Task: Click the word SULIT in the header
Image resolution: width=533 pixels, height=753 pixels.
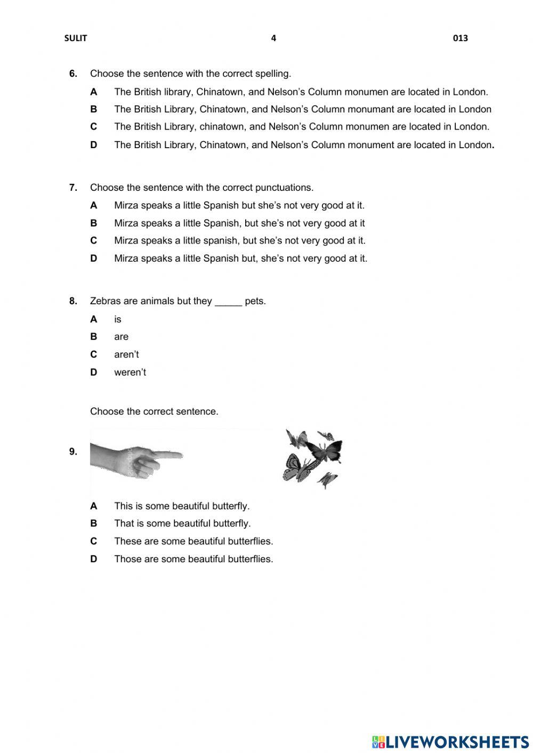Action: (75, 38)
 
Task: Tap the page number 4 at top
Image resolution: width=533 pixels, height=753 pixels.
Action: (273, 38)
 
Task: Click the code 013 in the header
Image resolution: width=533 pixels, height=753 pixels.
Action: (461, 38)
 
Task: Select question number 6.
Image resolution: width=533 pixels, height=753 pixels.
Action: (73, 74)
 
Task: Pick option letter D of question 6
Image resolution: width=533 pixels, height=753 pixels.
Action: (94, 145)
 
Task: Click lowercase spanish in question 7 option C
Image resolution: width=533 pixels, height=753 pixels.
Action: (221, 241)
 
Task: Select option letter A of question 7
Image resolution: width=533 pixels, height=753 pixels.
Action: (94, 206)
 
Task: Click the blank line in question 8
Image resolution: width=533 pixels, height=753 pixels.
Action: (228, 302)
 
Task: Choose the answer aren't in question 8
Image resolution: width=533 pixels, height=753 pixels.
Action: (126, 354)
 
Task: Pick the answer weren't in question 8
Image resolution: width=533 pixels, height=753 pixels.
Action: (130, 373)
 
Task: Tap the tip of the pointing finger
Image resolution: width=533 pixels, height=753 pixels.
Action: (180, 455)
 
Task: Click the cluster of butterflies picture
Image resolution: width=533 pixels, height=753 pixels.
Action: (312, 458)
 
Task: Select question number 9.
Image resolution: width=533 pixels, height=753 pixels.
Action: (73, 452)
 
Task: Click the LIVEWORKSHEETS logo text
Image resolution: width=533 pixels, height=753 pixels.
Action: (457, 742)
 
